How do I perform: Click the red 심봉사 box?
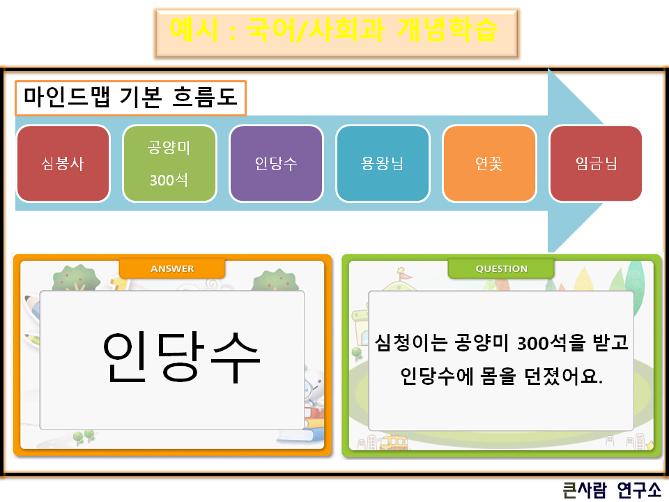click(63, 164)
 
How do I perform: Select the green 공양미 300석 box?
click(169, 164)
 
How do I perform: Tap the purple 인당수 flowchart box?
click(276, 164)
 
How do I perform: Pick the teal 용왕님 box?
click(383, 164)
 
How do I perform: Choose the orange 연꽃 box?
click(489, 164)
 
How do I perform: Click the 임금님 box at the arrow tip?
click(596, 164)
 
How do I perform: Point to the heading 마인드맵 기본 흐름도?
click(131, 98)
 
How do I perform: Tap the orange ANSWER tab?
click(172, 268)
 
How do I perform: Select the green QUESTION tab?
click(501, 268)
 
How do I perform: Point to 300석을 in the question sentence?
click(544, 342)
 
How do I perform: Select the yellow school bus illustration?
click(394, 442)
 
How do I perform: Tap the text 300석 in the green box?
click(169, 180)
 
